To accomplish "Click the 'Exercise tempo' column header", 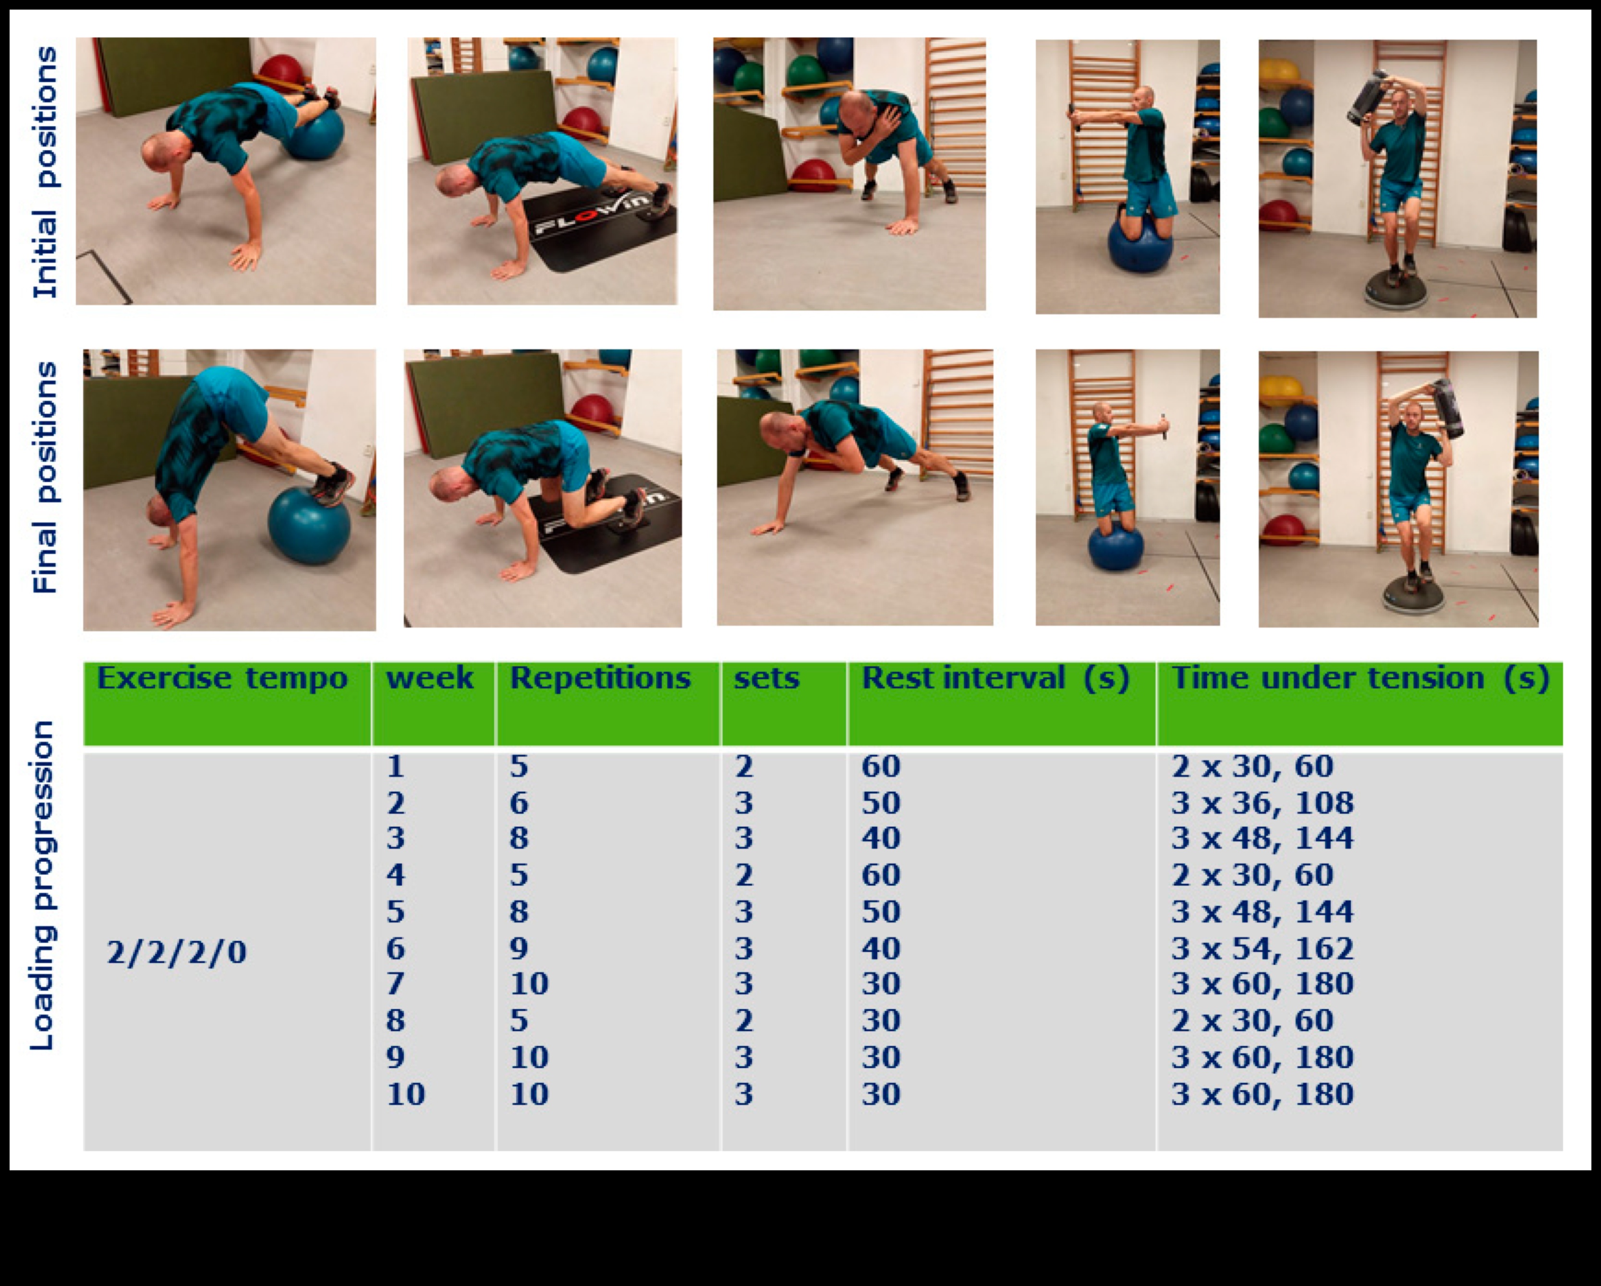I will point(222,678).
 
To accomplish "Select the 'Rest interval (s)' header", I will point(995,678).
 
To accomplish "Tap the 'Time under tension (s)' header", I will point(1359,678).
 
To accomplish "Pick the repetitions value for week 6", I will point(519,948).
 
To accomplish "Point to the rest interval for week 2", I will point(881,803).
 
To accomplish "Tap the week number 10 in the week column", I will point(405,1094).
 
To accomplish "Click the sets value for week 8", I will point(744,1020).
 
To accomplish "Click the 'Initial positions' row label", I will point(45,172).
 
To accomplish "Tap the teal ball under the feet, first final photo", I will point(309,523).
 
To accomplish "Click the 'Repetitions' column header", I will point(600,678).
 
